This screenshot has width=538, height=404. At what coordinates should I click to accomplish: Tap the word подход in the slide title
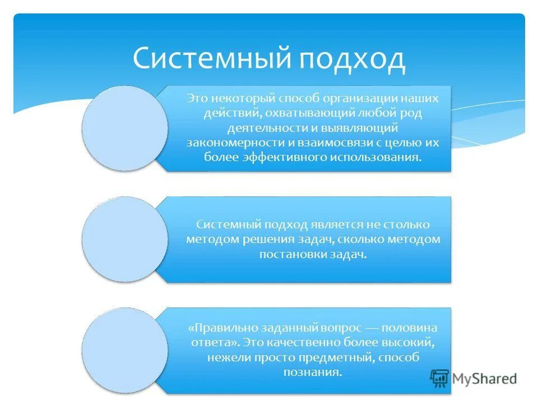(351, 59)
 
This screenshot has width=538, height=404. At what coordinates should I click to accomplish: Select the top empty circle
(124, 128)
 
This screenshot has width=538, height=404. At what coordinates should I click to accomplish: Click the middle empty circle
(124, 239)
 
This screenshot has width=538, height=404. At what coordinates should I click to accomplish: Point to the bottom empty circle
(124, 350)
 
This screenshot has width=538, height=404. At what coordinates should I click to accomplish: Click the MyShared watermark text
(485, 379)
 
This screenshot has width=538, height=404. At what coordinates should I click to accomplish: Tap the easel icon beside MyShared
(440, 379)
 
